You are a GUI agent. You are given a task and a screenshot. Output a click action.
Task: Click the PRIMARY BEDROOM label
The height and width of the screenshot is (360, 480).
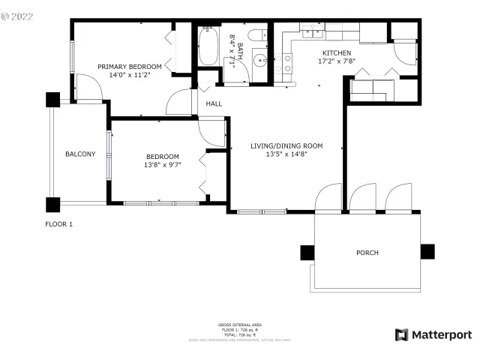[130, 67]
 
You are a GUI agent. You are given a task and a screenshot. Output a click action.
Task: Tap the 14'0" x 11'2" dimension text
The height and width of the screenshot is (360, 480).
[130, 75]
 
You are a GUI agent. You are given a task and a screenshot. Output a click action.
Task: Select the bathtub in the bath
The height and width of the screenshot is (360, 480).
[208, 47]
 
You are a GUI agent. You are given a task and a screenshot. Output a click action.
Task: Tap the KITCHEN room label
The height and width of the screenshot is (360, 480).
[336, 53]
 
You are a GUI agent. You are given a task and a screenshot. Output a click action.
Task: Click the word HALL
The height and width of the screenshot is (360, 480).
[214, 104]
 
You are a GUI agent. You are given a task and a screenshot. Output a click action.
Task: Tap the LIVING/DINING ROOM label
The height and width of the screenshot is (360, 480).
[286, 145]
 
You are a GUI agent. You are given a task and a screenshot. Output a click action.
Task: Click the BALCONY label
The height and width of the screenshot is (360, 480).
[80, 154]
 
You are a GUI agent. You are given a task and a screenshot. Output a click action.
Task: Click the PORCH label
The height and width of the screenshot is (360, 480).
[367, 253]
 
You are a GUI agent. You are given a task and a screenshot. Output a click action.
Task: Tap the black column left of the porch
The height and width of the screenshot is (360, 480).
[307, 253]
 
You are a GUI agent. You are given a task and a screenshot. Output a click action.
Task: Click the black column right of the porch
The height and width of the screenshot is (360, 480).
[427, 252]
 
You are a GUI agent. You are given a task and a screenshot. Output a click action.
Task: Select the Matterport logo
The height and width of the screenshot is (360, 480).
[433, 334]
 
